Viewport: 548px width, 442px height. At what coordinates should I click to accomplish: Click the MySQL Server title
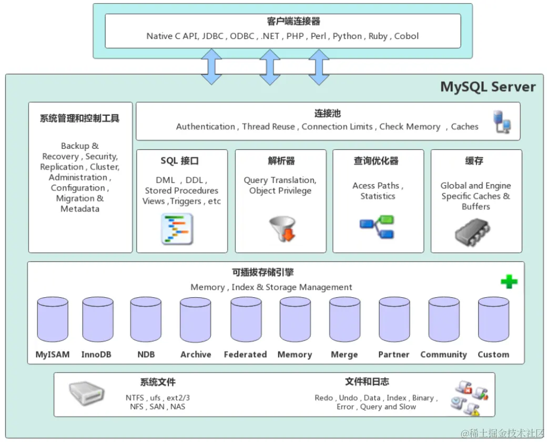[488, 87]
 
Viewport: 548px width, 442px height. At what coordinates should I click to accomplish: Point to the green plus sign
[509, 282]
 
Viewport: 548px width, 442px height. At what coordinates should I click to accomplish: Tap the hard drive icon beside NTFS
[87, 393]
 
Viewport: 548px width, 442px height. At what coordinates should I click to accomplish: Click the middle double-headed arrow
[270, 67]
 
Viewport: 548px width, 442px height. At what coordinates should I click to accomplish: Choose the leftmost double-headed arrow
[212, 67]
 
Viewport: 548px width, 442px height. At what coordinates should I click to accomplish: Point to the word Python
[347, 36]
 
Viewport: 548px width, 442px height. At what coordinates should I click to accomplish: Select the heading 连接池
[328, 113]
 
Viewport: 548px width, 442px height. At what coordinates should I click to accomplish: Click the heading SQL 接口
[180, 161]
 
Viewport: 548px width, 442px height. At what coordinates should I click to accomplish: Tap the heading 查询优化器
[376, 161]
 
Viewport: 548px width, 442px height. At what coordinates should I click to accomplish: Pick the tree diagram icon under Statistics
[377, 227]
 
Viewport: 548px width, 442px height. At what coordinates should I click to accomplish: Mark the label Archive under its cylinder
[196, 355]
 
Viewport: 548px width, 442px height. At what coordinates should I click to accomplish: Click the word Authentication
[206, 127]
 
